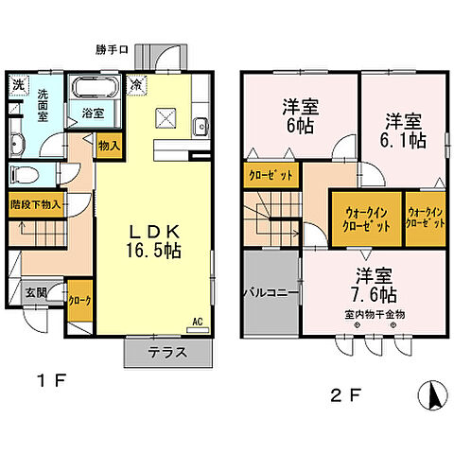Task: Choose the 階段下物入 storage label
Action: click(35, 202)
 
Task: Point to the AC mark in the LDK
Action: click(198, 322)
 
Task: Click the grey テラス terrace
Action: click(166, 353)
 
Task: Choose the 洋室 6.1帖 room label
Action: click(403, 130)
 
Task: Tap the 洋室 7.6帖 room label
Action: click(375, 285)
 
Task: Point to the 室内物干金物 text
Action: click(375, 313)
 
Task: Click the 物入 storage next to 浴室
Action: click(109, 145)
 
